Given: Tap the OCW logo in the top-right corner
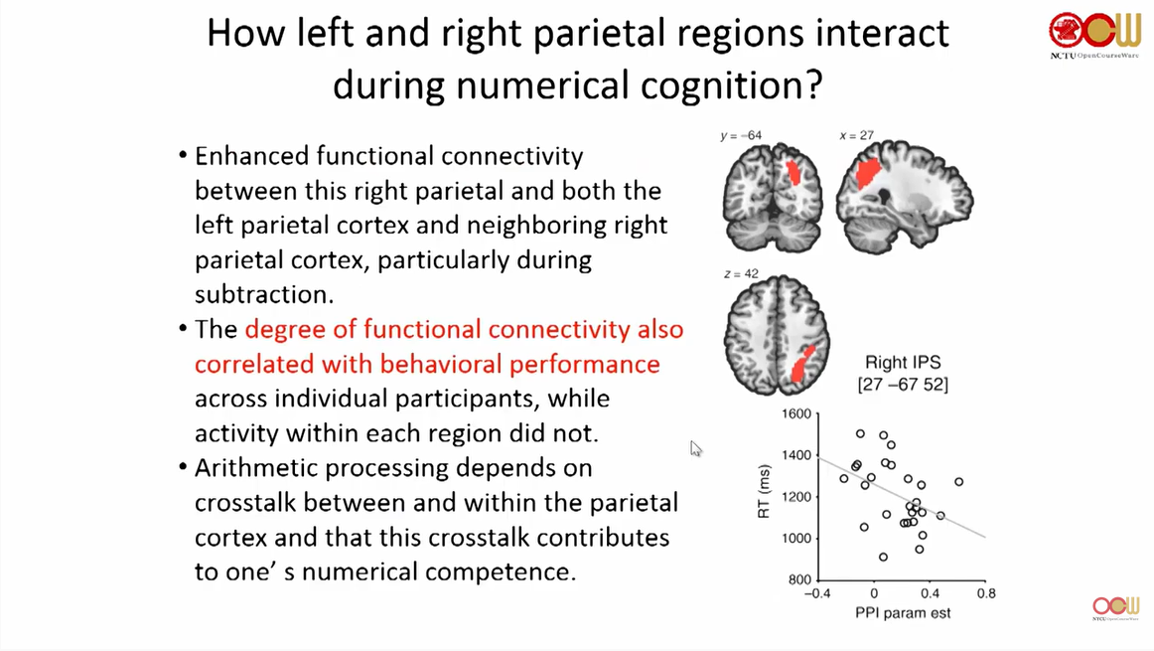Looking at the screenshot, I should pos(1095,31).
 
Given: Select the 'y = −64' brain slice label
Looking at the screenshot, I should pos(741,135).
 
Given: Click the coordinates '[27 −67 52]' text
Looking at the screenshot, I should pos(902,385).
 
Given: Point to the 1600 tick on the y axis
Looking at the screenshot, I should pos(796,413).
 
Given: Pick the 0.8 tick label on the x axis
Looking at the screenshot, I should pos(985,594).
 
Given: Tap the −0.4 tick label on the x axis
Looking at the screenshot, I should pos(816,594).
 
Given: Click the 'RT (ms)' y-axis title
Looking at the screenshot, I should pos(766,494).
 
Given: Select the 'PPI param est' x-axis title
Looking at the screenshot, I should pos(903,613).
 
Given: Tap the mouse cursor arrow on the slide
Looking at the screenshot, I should pos(695,448).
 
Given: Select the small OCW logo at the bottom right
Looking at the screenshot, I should pos(1115,607).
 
